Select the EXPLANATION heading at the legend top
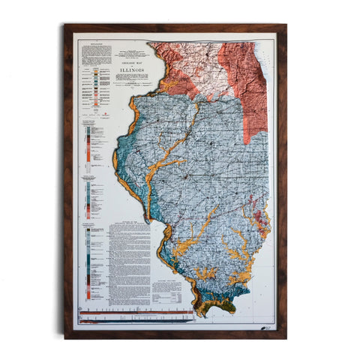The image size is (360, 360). tap(94, 45)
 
